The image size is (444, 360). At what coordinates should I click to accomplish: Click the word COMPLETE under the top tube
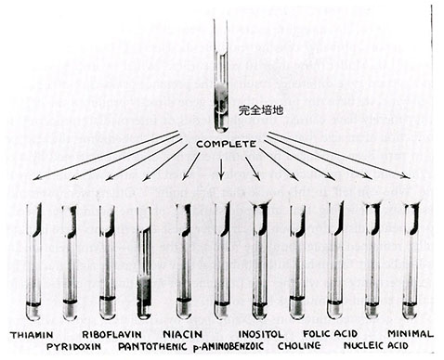pyautogui.click(x=221, y=145)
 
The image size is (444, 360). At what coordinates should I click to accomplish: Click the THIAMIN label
pyautogui.click(x=33, y=333)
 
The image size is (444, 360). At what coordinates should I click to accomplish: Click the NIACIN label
pyautogui.click(x=183, y=333)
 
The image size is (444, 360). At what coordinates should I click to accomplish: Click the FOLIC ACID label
pyautogui.click(x=331, y=333)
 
